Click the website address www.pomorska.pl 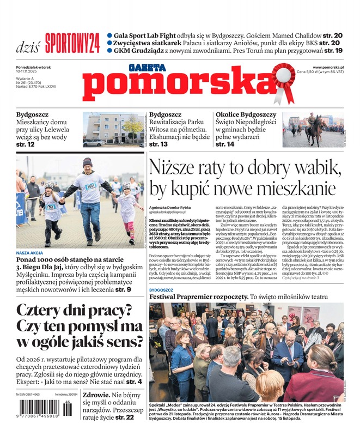tap(331, 66)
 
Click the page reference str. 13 tap(158, 144)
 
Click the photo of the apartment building tap(113, 130)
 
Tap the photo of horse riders tap(313, 130)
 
